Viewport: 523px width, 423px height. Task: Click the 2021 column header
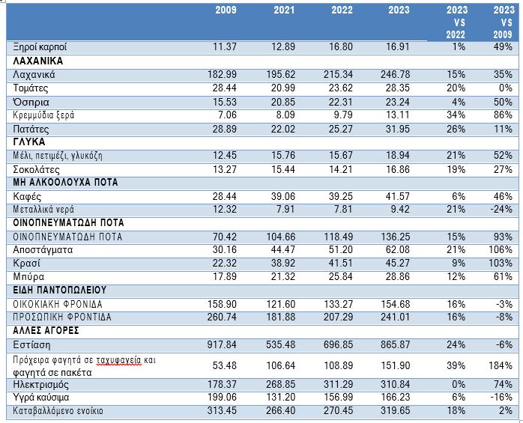tap(284, 10)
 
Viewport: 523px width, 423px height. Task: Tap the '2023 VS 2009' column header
tap(503, 22)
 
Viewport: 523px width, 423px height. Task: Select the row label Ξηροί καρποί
tap(40, 47)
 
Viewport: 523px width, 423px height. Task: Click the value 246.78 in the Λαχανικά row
tap(396, 74)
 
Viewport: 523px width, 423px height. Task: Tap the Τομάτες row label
tap(31, 88)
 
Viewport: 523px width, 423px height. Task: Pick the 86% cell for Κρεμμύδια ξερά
tap(503, 115)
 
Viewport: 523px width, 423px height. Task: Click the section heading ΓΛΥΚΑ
tap(29, 142)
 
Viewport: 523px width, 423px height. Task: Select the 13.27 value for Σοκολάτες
tap(225, 169)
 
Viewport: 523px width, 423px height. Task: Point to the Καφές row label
tap(27, 196)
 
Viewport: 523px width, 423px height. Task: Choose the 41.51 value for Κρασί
tap(340, 263)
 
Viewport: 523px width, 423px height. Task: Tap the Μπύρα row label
tap(28, 277)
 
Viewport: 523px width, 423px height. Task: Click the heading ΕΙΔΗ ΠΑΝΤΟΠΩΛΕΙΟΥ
tap(59, 290)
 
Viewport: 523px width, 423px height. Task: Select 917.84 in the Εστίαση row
tap(222, 344)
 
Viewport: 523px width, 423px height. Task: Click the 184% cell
tap(501, 365)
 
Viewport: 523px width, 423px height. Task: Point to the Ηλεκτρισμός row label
tap(40, 385)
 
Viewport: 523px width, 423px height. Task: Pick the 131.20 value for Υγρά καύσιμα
tap(280, 398)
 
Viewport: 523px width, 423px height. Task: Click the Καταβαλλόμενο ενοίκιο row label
tap(58, 411)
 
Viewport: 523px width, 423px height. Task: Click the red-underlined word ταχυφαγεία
tap(118, 361)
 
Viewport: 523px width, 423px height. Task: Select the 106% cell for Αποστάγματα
tap(501, 249)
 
